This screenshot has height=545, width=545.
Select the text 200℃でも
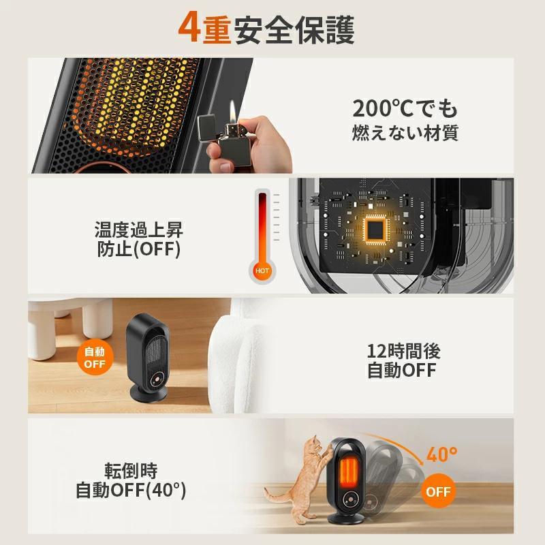[x=405, y=108]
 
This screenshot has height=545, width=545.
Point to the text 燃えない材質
[x=405, y=132]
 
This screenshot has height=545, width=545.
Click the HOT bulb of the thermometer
[x=262, y=270]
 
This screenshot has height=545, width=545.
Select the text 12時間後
[x=404, y=351]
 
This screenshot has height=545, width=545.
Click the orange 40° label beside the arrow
[x=442, y=454]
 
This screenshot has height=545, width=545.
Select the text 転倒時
[x=131, y=470]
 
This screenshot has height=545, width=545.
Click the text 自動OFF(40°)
[x=131, y=490]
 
